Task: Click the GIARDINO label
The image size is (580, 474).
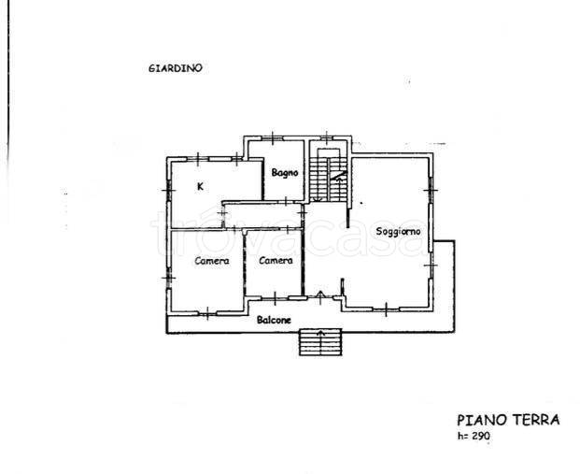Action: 176,68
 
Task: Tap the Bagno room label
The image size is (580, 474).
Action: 285,173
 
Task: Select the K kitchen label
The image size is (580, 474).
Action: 200,187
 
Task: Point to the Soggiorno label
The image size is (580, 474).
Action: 398,232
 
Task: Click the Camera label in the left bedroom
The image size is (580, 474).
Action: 212,261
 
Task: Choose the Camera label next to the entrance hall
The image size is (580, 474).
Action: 276,261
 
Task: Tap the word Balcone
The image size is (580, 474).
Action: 274,320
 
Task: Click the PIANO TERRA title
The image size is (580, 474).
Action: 508,421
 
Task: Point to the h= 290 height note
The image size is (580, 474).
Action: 474,436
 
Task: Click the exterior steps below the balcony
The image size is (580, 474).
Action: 320,342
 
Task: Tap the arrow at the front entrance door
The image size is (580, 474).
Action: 320,297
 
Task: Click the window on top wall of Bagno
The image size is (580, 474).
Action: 272,138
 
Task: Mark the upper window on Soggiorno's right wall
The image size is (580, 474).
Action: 431,191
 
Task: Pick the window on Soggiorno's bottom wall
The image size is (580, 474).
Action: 386,309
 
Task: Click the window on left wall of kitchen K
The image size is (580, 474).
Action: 168,191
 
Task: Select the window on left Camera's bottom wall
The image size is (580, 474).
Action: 207,313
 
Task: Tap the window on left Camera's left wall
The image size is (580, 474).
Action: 168,278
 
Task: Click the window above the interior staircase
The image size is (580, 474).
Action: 327,138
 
